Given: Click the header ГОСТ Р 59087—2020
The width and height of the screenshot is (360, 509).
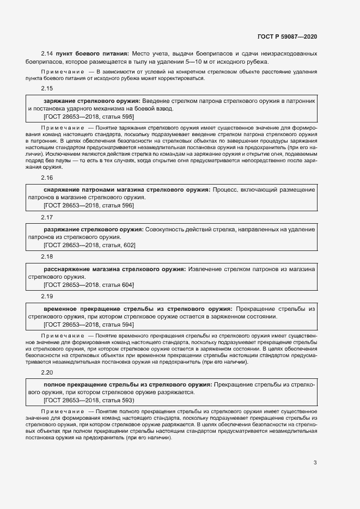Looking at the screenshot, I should pos(286,37).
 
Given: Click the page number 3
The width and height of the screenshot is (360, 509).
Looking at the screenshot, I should pos(315,463).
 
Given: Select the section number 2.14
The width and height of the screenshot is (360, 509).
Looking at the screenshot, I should pos(47,53).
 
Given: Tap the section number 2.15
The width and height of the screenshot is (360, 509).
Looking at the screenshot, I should pos(47,88).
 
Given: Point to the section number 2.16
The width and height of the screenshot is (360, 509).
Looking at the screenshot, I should pos(47,178).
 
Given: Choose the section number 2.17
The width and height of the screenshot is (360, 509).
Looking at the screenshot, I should pos(47,218).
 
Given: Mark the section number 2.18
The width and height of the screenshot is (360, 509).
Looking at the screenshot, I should pos(47,257).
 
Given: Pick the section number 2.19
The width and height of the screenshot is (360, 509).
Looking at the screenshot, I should pos(47,297).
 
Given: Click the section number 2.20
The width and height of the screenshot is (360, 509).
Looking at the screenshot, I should pos(47,372).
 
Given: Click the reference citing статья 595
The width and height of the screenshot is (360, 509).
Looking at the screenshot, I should pos(89,116).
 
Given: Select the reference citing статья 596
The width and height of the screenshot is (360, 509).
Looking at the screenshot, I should pos(89,205).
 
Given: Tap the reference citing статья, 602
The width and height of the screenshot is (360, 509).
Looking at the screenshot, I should pos(90,246).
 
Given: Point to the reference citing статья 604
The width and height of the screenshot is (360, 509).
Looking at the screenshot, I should pos(89,285).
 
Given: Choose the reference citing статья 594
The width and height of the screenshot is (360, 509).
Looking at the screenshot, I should pos(89,324).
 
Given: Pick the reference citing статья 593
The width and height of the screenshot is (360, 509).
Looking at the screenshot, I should pos(89,400).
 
